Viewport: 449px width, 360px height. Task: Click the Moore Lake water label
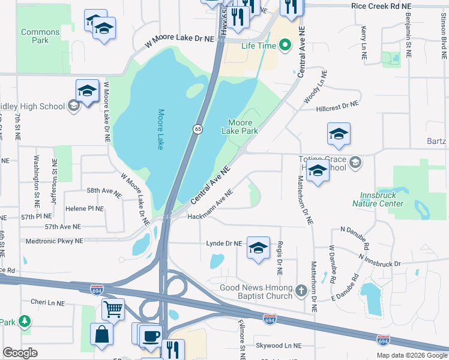pos(160,129)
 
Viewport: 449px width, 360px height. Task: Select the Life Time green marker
pos(285,46)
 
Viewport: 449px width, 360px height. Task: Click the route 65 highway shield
pos(197,129)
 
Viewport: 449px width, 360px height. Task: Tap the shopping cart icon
pos(112,310)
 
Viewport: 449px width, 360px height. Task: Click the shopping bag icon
pos(101,334)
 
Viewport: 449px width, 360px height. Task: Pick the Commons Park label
pos(40,36)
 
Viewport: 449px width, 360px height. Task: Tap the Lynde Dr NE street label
pos(224,244)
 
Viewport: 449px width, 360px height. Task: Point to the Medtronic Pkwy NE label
pos(55,241)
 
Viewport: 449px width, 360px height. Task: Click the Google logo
pos(20,353)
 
